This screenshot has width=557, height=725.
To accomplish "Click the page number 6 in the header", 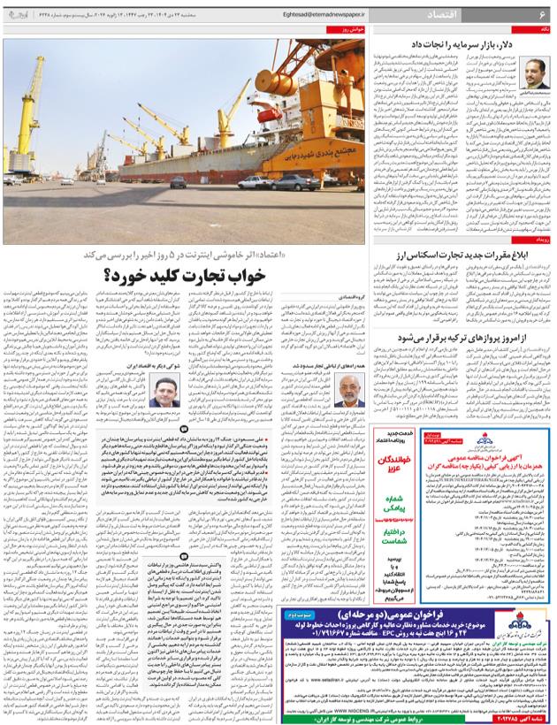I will [541, 17].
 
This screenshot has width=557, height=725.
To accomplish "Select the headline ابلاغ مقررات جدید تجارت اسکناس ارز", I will [457, 255].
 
